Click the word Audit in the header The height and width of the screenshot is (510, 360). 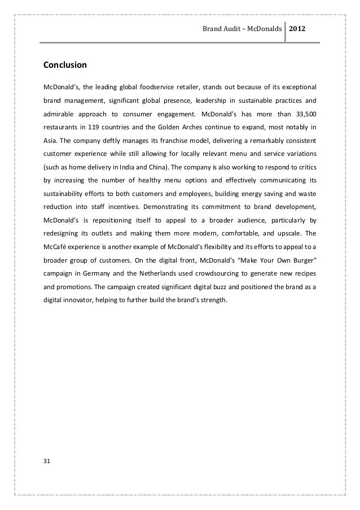click(227, 28)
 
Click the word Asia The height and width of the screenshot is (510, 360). click(50, 140)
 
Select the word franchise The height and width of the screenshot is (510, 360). click(161, 140)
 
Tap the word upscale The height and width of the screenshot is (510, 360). click(291, 232)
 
